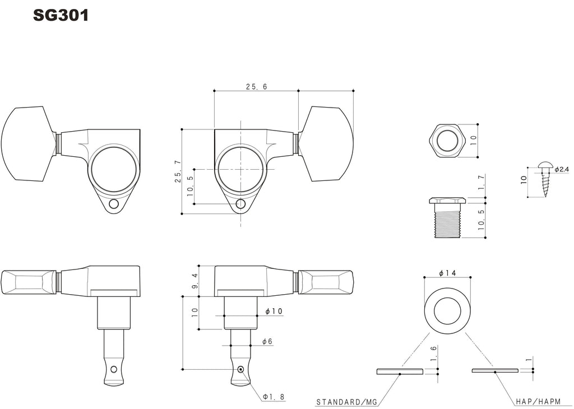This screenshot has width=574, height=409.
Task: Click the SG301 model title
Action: [x=61, y=15]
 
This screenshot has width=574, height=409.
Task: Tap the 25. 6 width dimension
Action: [x=257, y=87]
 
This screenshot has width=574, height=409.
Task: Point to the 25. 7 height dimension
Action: [x=178, y=171]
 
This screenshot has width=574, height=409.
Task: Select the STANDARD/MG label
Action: [x=346, y=402]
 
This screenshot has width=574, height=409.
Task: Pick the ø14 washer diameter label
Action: [x=447, y=273]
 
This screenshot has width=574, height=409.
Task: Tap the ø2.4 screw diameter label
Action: [x=562, y=169]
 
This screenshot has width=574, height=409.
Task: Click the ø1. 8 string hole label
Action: [x=274, y=397]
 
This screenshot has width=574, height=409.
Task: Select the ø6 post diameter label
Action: [x=267, y=342]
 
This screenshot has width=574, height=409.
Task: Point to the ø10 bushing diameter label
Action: [x=274, y=312]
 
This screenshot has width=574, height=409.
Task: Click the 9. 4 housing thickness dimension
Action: [x=195, y=281]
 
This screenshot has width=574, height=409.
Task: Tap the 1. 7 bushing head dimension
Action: [x=482, y=182]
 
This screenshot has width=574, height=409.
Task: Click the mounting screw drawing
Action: [x=545, y=178]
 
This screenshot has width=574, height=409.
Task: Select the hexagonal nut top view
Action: [x=447, y=141]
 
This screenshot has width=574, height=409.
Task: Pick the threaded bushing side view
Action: [x=447, y=218]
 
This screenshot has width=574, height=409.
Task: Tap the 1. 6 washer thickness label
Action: [x=434, y=354]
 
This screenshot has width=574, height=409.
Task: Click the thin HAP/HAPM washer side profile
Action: [x=495, y=370]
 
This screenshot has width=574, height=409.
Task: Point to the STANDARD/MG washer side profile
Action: [x=400, y=371]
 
